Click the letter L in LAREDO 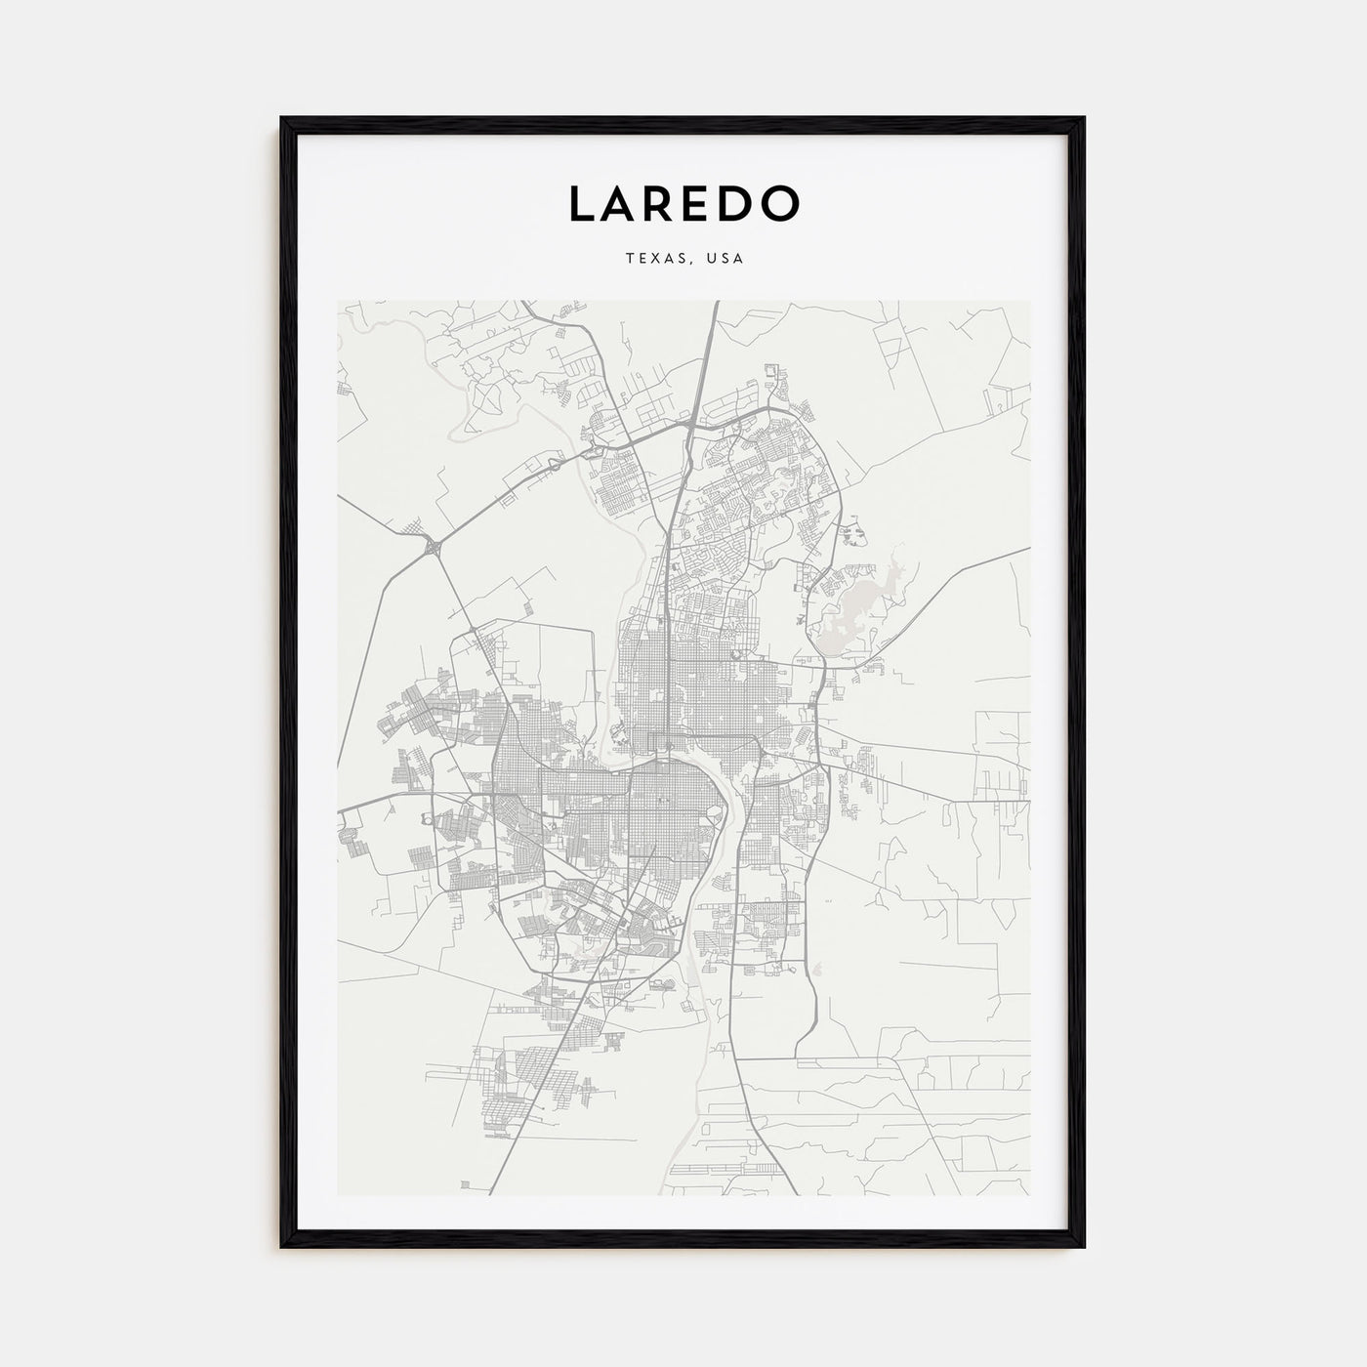pyautogui.click(x=583, y=203)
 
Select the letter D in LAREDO pyautogui.click(x=743, y=203)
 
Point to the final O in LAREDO pyautogui.click(x=783, y=203)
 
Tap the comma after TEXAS pyautogui.click(x=686, y=263)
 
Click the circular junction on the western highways pyautogui.click(x=432, y=549)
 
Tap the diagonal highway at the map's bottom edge pyautogui.click(x=492, y=1187)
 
